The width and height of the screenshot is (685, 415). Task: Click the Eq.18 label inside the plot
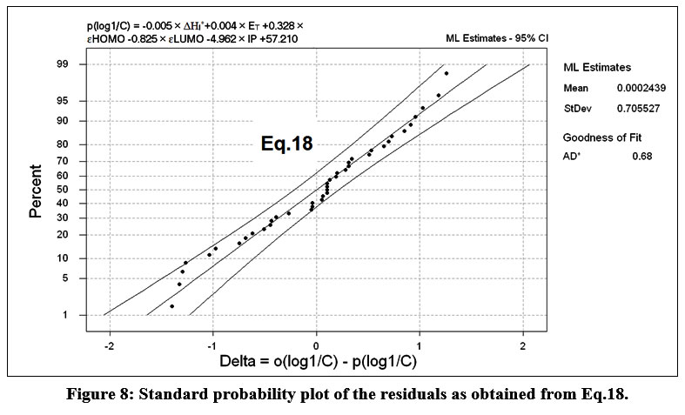(286, 144)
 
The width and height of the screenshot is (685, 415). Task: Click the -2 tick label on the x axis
(109, 347)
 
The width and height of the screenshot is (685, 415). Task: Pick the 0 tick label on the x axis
(316, 347)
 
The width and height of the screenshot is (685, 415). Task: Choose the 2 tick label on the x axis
(523, 347)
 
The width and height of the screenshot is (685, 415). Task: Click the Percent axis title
(37, 189)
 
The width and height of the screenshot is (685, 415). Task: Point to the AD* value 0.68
(642, 156)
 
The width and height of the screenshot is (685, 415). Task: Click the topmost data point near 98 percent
(447, 73)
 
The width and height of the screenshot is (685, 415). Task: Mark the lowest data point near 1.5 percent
(171, 306)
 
